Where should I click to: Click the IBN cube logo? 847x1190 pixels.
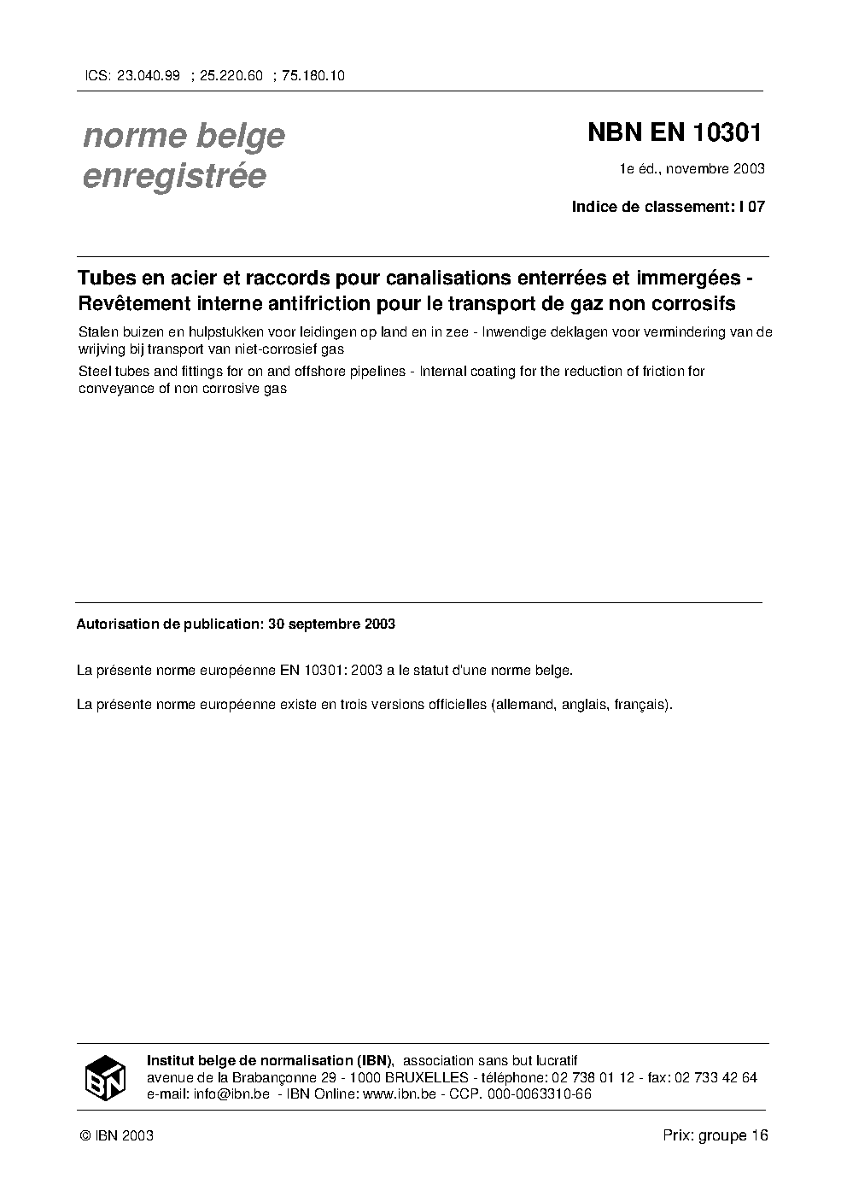[x=105, y=1077]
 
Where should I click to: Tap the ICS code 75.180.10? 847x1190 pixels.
[x=313, y=75]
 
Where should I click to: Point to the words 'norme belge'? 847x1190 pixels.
[x=184, y=136]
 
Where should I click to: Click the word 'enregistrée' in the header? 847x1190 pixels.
[x=174, y=176]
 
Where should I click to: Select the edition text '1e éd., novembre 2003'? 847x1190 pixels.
[x=692, y=168]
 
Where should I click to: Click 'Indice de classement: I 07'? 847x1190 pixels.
[x=668, y=206]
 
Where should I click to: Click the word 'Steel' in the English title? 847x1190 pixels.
[x=95, y=371]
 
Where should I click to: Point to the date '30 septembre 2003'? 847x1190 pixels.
[x=331, y=624]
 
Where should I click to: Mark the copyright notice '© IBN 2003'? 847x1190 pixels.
[x=115, y=1135]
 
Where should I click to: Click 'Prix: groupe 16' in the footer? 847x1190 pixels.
[x=716, y=1135]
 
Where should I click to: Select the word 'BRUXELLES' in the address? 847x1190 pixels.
[x=426, y=1077]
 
